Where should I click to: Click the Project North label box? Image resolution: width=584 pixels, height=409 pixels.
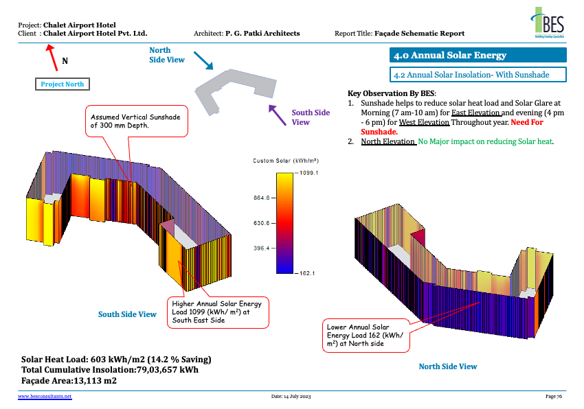pyautogui.click(x=63, y=84)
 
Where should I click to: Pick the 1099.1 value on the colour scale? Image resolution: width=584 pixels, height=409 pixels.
pyautogui.click(x=306, y=174)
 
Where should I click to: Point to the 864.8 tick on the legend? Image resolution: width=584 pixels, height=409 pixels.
pyautogui.click(x=262, y=198)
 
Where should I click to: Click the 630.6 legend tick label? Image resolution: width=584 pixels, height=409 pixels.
pyautogui.click(x=262, y=223)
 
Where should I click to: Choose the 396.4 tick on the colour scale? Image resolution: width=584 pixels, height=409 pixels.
pyautogui.click(x=262, y=248)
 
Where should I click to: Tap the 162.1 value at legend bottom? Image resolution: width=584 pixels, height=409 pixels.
pyautogui.click(x=306, y=273)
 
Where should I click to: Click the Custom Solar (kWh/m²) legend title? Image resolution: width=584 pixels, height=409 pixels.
pyautogui.click(x=285, y=161)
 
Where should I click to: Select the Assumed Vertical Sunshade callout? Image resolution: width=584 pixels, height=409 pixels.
pyautogui.click(x=135, y=121)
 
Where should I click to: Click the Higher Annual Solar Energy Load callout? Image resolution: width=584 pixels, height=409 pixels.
pyautogui.click(x=218, y=312)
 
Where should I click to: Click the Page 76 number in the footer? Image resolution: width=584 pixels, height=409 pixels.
pyautogui.click(x=554, y=397)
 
